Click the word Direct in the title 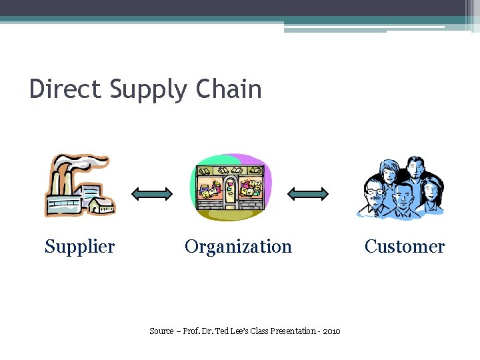tap(65, 89)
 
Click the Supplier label tap(79, 247)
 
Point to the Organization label tap(238, 247)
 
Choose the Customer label tap(404, 247)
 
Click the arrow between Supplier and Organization tap(152, 194)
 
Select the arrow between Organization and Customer tap(307, 194)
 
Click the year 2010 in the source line tap(331, 331)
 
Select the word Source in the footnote tap(161, 331)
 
